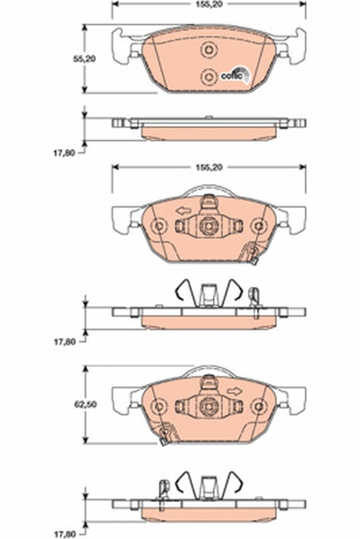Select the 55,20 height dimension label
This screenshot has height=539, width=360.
coord(84,59)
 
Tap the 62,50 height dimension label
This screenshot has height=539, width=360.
coord(85,404)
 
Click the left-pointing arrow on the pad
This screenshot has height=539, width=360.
coord(183,210)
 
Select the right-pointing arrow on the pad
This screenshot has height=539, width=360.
coord(235,391)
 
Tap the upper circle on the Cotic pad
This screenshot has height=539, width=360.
coord(209,50)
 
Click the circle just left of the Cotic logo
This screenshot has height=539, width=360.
coord(209,77)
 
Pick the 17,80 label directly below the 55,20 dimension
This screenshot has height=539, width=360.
coord(64,153)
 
